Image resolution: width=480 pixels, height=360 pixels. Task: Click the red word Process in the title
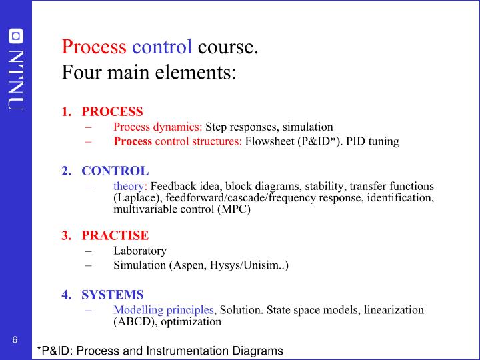coord(94,47)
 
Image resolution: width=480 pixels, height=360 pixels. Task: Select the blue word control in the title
coord(163,47)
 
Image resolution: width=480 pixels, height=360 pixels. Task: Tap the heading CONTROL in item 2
coord(115,171)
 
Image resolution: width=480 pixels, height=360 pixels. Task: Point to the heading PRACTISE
coord(115,235)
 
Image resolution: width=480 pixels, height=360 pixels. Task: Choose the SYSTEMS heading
coord(113,294)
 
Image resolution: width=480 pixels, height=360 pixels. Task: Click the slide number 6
coord(14,341)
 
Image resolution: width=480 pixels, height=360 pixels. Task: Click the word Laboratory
coord(140,251)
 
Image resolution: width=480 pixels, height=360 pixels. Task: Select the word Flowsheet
coord(269,141)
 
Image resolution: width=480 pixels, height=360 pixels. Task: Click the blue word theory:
coord(130,186)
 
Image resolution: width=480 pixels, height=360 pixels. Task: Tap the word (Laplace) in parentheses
coord(135,197)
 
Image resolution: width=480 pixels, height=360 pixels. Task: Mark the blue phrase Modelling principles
coord(164,310)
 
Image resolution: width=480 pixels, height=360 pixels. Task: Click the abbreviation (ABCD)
coord(133,321)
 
